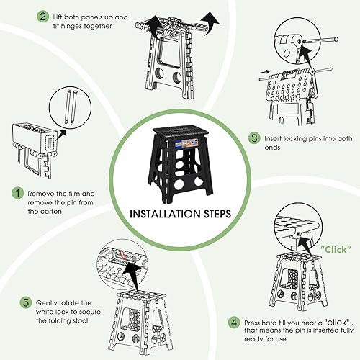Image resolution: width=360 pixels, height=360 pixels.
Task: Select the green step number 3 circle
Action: click(x=253, y=138)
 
